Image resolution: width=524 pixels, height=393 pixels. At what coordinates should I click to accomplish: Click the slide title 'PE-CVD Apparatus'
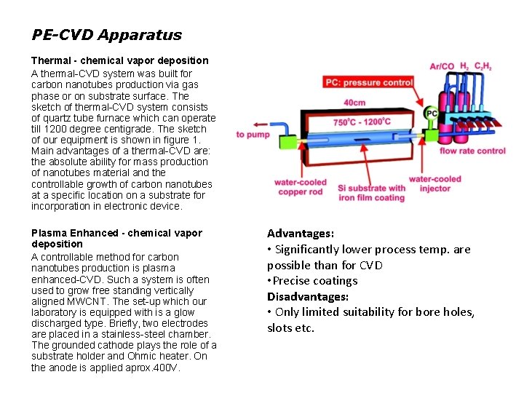(x=106, y=35)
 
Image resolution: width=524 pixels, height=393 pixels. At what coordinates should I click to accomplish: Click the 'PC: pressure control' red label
(x=369, y=83)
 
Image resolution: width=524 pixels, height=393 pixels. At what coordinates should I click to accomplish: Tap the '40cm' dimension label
(x=354, y=103)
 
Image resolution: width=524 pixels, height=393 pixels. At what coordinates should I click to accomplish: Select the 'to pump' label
(x=253, y=135)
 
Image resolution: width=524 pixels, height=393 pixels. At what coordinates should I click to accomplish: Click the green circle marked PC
(x=431, y=114)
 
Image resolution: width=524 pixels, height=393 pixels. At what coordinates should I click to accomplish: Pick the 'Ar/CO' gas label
(x=442, y=66)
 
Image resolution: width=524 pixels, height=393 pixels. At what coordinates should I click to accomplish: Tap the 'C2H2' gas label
(x=483, y=66)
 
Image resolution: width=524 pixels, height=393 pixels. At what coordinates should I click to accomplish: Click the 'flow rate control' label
(x=472, y=151)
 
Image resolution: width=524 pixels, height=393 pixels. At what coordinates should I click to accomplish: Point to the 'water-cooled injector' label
(x=434, y=183)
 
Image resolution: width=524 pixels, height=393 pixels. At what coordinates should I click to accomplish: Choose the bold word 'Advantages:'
(x=301, y=234)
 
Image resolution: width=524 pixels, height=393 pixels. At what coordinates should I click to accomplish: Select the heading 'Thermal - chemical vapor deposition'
(x=119, y=60)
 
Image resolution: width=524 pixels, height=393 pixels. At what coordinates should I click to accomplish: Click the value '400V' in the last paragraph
(x=168, y=368)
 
